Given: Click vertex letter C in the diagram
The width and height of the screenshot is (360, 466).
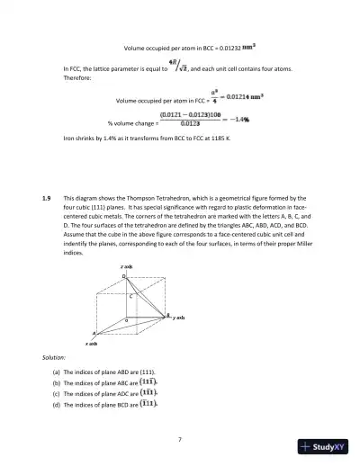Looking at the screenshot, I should coord(130,295).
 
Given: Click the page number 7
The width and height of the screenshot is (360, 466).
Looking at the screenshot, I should coord(180,438).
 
